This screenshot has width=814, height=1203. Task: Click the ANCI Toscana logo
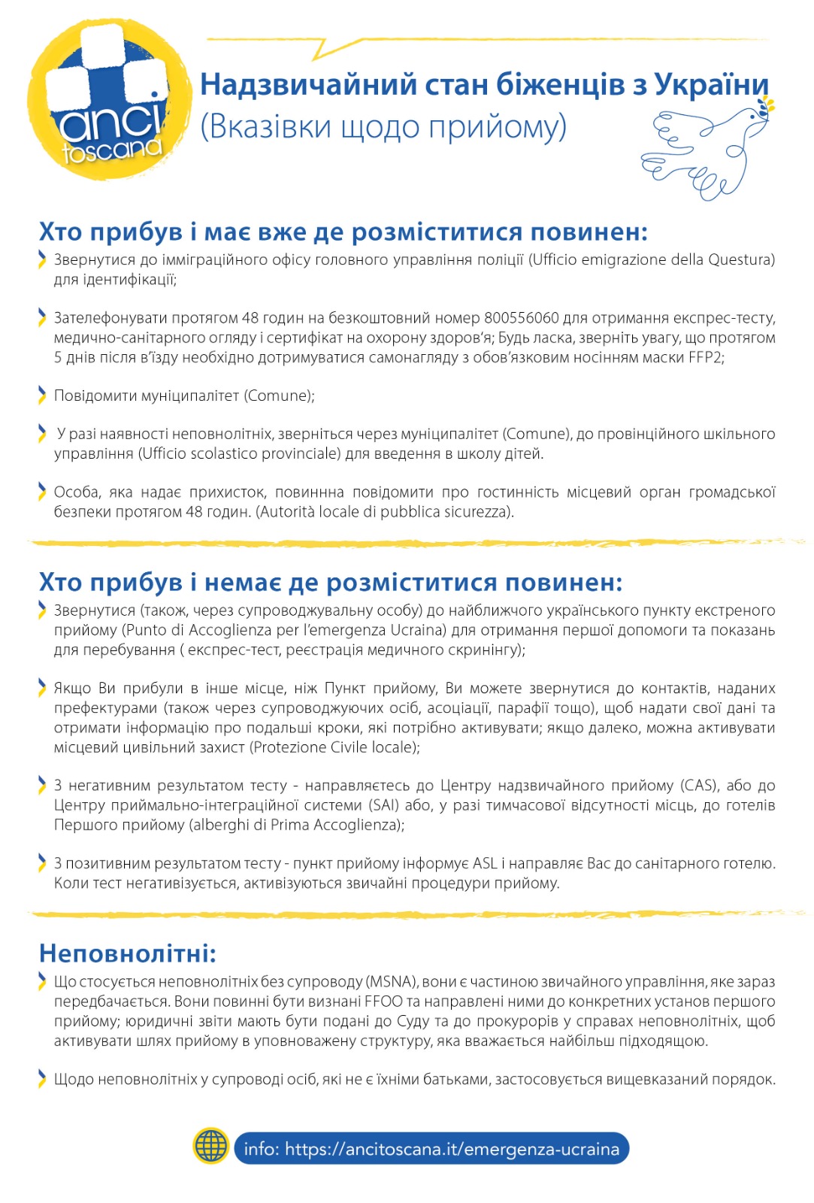[110, 99]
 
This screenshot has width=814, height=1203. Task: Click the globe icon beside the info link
[211, 1147]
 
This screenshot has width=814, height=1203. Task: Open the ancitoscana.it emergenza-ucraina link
[431, 1149]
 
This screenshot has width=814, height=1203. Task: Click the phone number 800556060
[522, 318]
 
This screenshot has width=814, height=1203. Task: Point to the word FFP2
[705, 357]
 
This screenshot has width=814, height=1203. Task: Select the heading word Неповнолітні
[127, 953]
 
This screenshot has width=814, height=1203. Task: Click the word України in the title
[711, 84]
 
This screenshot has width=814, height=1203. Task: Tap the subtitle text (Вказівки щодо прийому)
[383, 126]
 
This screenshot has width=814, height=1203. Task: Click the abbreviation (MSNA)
[391, 982]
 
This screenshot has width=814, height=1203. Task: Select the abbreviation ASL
[486, 863]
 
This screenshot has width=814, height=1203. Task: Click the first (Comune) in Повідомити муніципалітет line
[279, 395]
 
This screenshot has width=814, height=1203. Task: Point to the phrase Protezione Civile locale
[334, 747]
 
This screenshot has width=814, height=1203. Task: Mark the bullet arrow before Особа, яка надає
[42, 492]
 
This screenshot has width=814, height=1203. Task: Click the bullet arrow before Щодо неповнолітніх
[42, 1079]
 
